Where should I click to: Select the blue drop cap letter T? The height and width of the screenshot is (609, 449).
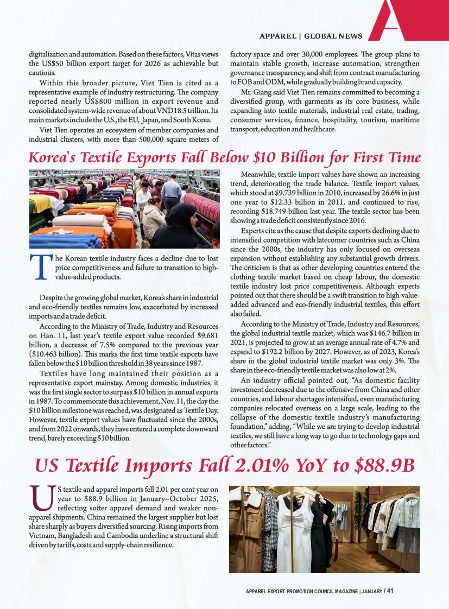click(40, 268)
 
